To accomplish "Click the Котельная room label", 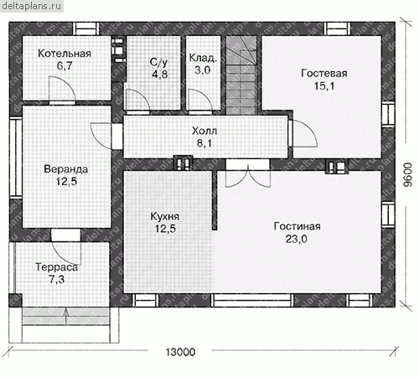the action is pos(65,54).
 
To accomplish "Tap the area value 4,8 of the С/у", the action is pos(160,75).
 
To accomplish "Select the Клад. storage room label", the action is pos(203,58).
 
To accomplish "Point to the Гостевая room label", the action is pos(324,74).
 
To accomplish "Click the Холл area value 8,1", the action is pos(204,143).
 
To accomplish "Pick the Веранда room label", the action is pos(66,169).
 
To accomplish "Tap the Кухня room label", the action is pos(165,216).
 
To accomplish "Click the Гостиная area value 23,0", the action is pos(297,239).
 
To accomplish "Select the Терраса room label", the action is pos(57,267).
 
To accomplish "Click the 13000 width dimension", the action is pos(180,353).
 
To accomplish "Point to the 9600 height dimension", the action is pos(408,175).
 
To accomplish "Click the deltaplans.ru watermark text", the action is pos(31,6).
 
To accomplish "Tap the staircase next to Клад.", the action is pos(241,75).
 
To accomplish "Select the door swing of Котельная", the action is pos(62,89).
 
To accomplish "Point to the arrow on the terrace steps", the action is pos(66,316).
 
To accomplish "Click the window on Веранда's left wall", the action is pos(16,158).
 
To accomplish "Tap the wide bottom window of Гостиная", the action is pos(252,300).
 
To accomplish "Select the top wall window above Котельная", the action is pos(86,28).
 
